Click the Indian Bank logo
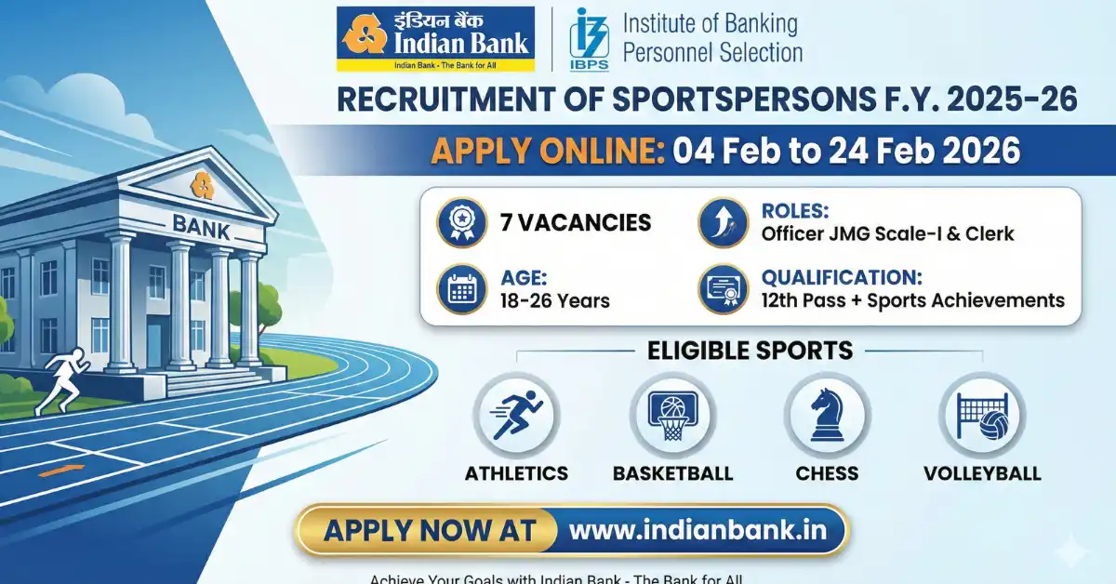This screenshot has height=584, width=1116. point(436,39)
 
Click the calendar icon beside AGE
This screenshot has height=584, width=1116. point(462,288)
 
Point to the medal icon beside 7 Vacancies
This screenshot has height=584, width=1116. point(462,223)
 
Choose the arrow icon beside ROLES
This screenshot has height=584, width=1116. point(723,223)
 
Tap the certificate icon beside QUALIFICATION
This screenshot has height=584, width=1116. point(723,289)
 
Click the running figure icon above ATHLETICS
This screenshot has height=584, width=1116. point(516,415)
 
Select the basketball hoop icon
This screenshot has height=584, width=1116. point(672,415)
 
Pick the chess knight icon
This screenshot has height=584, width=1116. point(827,415)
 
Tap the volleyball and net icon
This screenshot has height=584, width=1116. point(981,415)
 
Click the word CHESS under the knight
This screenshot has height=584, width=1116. point(827,473)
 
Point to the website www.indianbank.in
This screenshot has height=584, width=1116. point(697,531)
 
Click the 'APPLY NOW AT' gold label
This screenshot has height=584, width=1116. point(430,531)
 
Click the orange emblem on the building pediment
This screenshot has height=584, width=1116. point(201,184)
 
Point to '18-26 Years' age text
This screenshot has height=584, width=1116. point(556,300)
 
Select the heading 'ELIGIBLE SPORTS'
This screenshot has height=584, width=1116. point(750,351)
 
